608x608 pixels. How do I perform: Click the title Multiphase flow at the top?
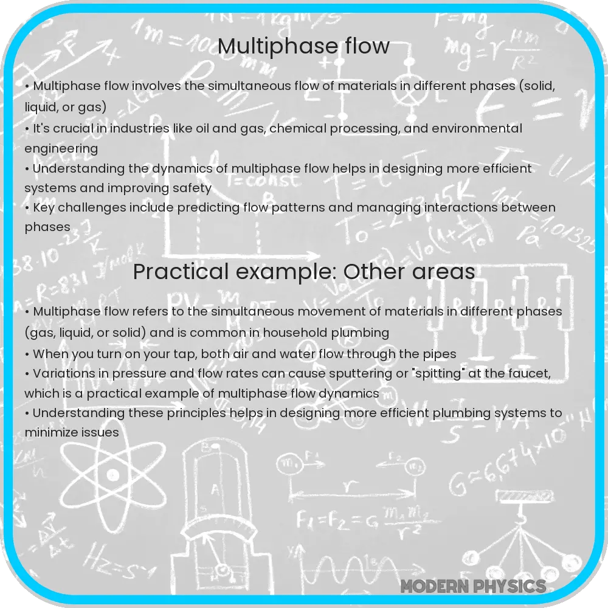click(303, 46)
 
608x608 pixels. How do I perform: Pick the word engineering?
click(61, 149)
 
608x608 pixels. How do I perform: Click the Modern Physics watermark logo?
click(473, 586)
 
